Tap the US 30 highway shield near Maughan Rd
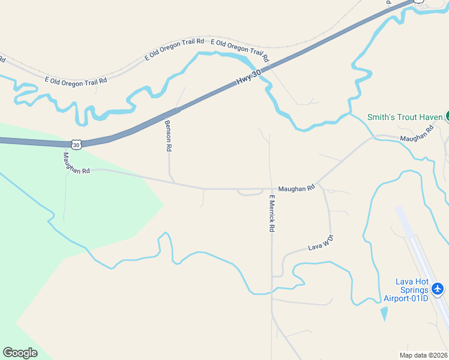(75, 144)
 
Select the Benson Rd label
(168, 135)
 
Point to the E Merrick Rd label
(272, 214)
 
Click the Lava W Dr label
(320, 243)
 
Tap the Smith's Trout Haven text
(405, 117)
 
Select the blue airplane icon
(438, 289)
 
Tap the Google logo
(20, 353)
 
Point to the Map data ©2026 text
(423, 355)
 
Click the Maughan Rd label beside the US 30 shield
(76, 162)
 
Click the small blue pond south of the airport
(384, 313)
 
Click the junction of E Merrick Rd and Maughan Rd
(271, 188)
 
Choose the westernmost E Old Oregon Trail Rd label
(76, 80)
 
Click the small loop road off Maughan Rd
(250, 193)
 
